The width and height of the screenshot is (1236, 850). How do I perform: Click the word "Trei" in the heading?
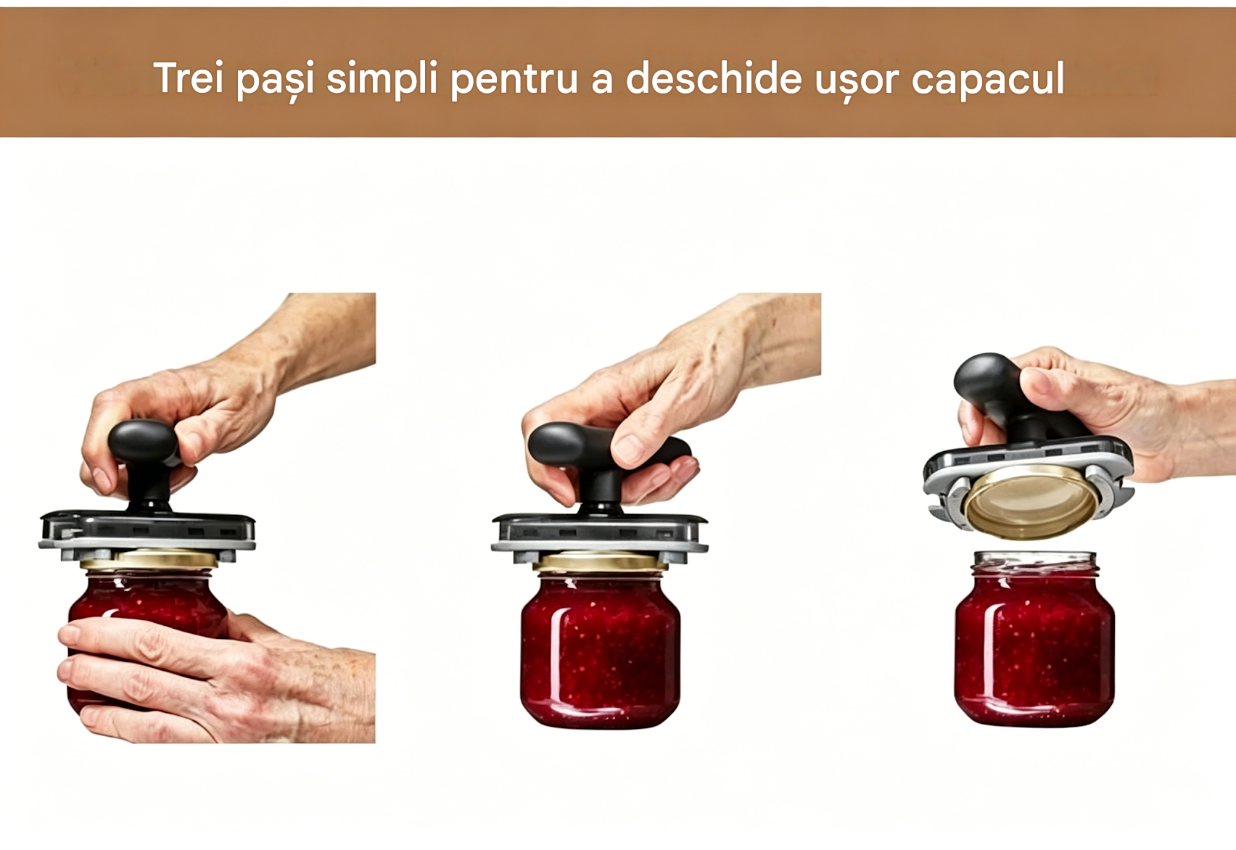(x=188, y=78)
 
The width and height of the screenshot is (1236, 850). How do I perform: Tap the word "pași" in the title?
(x=276, y=82)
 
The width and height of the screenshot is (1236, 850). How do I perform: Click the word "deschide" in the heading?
(x=714, y=78)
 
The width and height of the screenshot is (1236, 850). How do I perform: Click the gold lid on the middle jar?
(x=600, y=561)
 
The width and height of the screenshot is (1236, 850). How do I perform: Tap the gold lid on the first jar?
(x=149, y=559)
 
